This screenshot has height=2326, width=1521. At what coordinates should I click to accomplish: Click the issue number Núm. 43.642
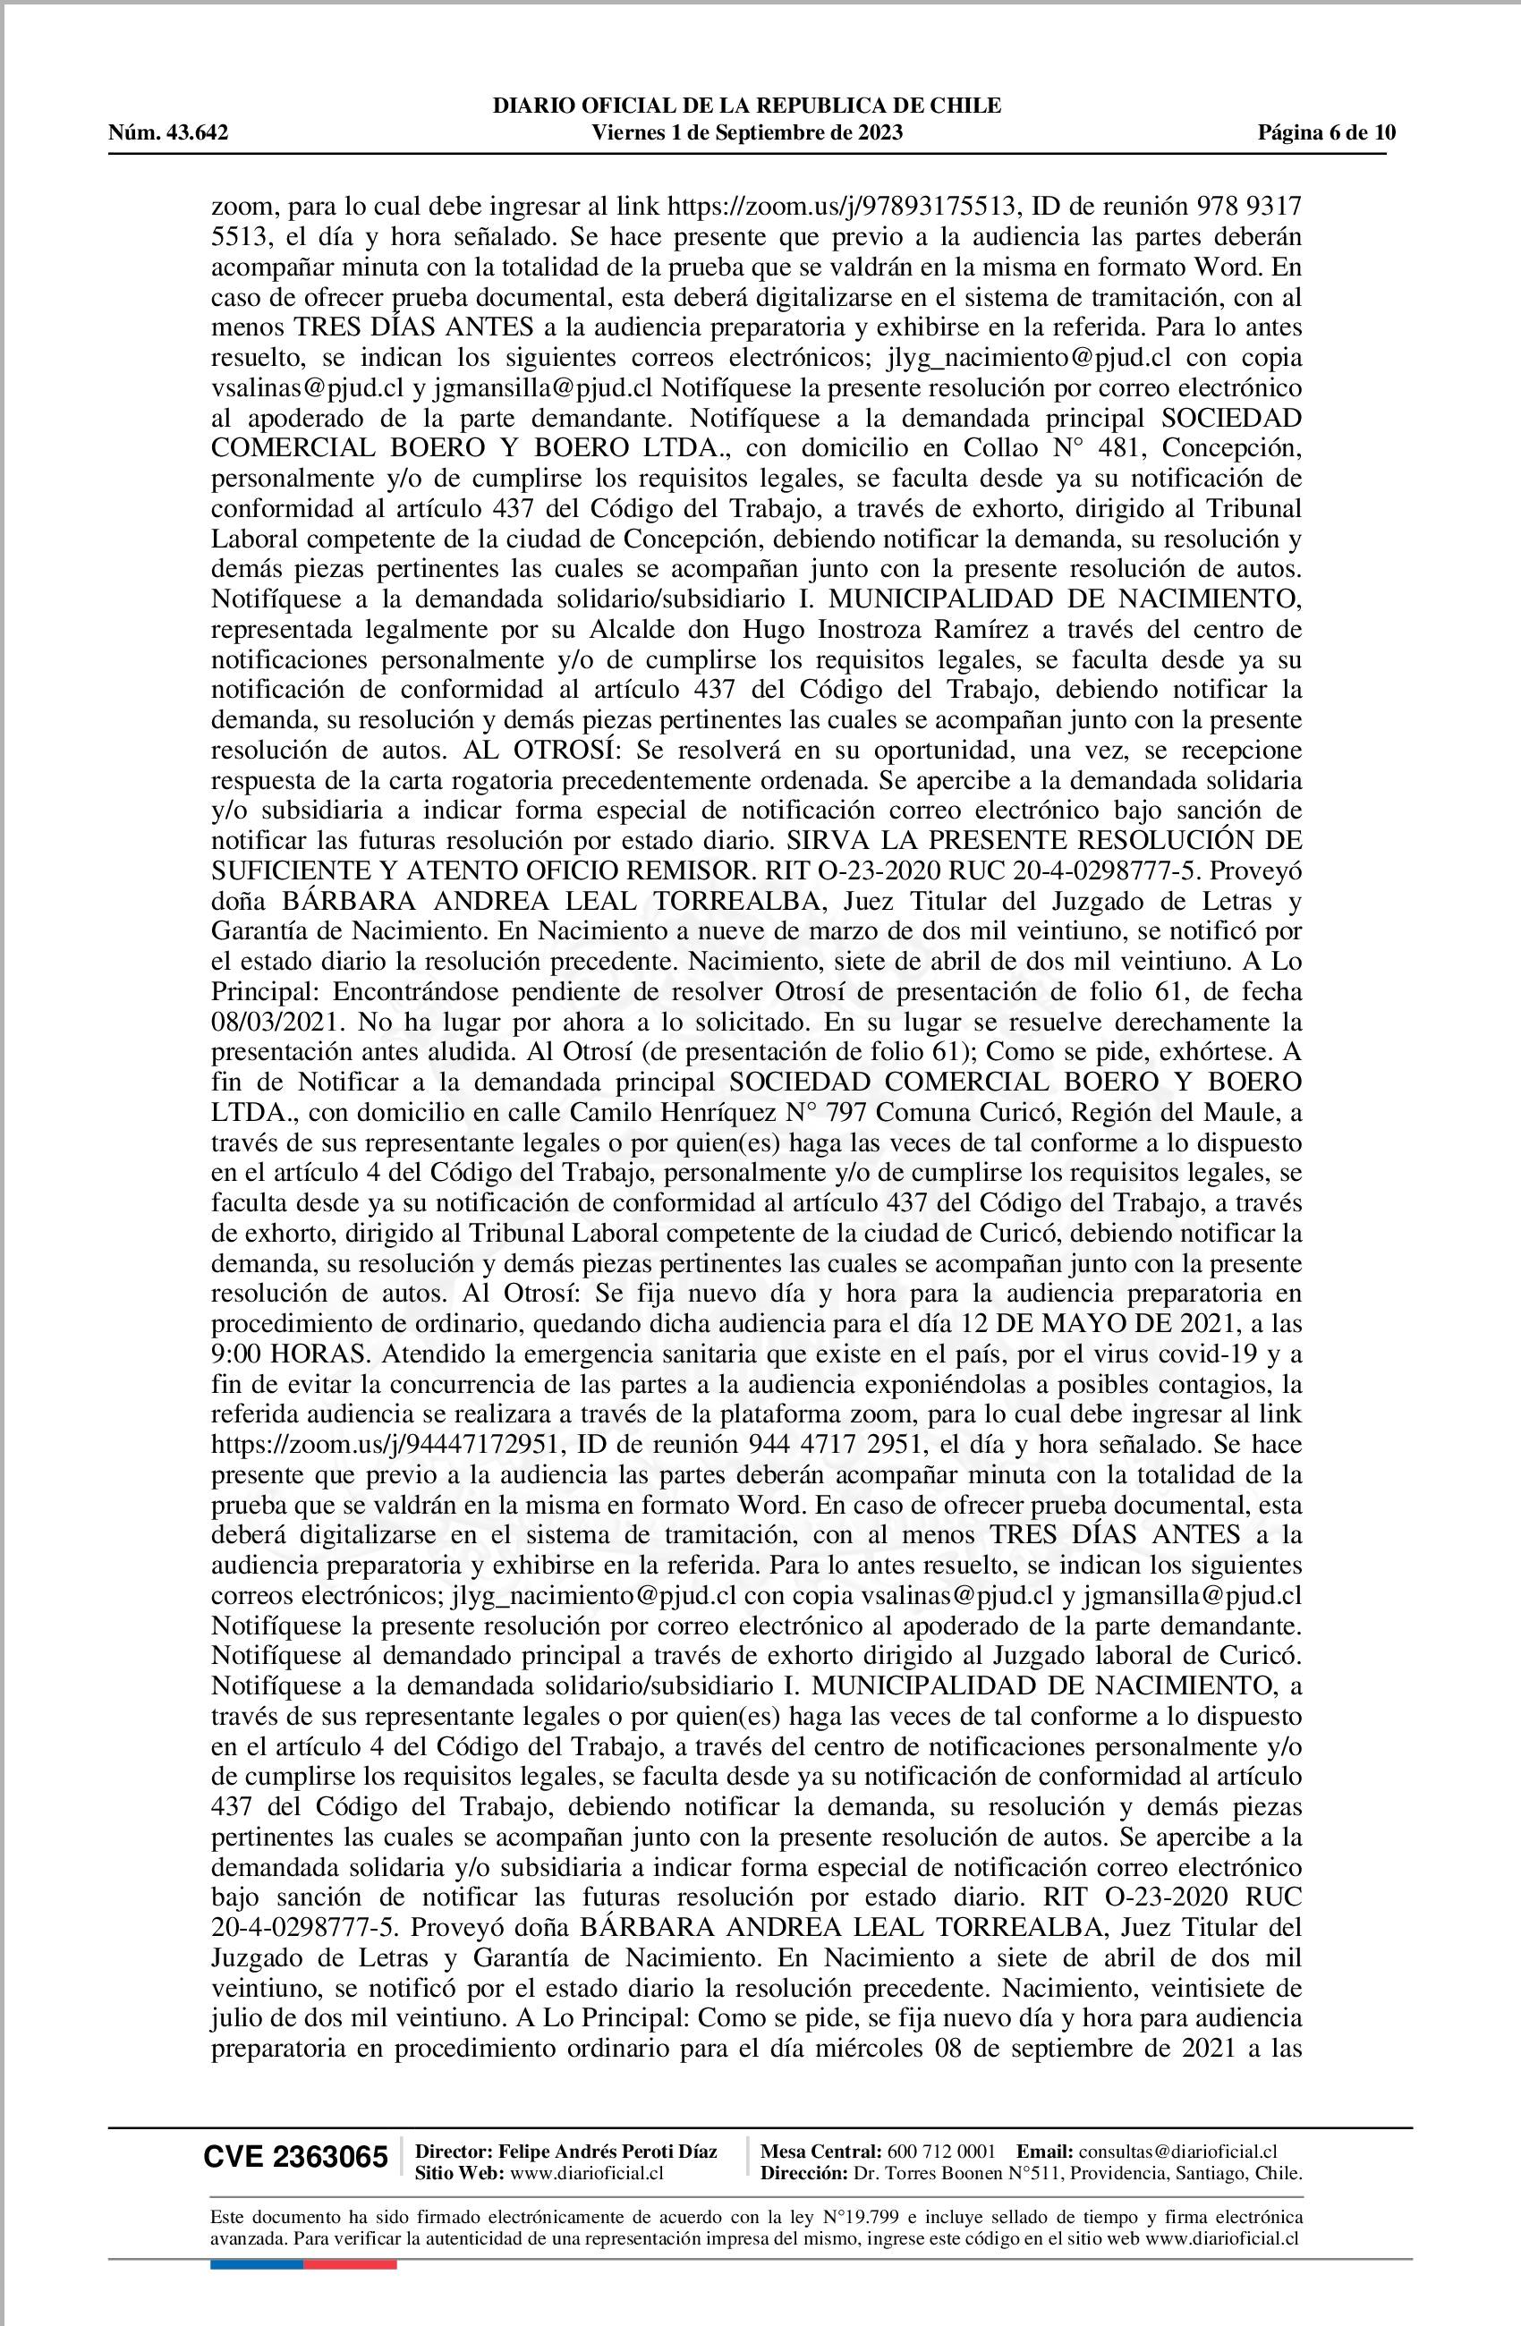coord(168,133)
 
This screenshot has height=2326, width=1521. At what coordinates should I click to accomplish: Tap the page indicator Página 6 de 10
coord(1327,133)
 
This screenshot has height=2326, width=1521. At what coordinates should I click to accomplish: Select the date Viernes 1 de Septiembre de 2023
coord(748,133)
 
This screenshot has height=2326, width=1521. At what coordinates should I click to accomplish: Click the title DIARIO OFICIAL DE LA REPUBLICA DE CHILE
coord(748,106)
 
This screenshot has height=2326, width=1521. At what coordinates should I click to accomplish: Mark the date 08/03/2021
coord(267,1023)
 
